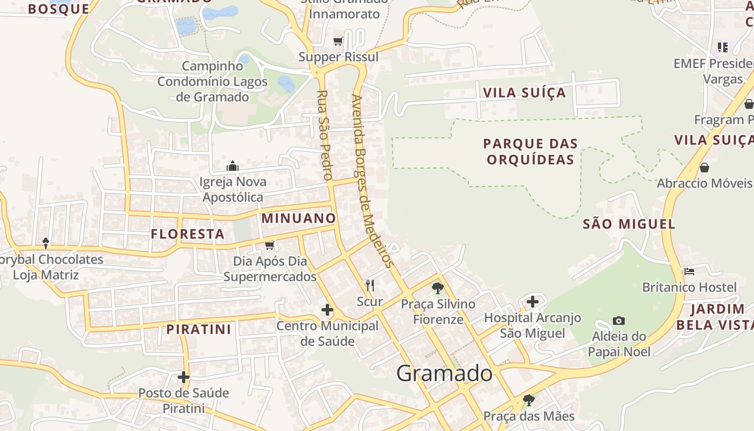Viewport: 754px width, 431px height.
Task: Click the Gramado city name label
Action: (444, 373)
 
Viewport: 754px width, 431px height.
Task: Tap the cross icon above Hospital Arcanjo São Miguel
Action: (533, 302)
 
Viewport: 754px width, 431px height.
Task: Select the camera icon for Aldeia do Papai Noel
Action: (619, 321)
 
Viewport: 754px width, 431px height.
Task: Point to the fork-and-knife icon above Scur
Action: (369, 286)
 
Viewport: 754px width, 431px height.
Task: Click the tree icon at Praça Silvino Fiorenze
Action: (438, 288)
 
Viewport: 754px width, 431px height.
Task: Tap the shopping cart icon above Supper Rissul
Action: (338, 41)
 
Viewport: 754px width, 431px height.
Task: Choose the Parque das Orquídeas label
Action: (530, 151)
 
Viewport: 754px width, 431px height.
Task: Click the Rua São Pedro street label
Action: (323, 135)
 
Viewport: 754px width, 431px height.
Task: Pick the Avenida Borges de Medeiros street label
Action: (372, 180)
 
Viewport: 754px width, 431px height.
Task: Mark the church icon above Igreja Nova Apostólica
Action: (233, 166)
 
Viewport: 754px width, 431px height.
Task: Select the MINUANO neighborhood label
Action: (299, 218)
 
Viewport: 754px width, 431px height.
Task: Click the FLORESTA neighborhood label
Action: (187, 234)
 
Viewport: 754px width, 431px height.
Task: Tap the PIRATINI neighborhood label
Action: (198, 329)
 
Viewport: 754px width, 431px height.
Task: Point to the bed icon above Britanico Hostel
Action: (689, 271)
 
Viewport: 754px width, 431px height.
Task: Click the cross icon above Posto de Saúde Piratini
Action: (184, 377)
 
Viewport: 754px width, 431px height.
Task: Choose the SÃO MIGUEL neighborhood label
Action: (629, 224)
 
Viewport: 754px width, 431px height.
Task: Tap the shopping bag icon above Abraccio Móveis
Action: (704, 168)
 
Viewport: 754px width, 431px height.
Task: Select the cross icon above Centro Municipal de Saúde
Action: (327, 310)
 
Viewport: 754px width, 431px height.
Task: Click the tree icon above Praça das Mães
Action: (529, 400)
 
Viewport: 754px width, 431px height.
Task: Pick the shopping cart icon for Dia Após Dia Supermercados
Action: (270, 245)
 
